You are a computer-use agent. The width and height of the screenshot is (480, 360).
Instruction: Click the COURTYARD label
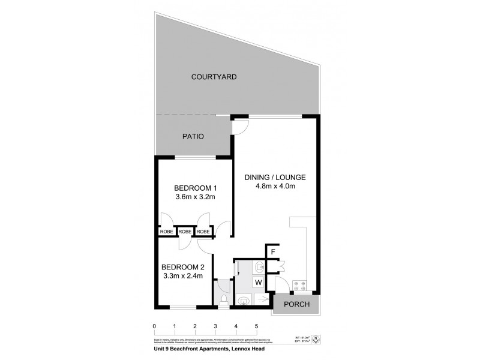pos(214,77)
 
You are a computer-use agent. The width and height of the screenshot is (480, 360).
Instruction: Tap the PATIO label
pos(193,137)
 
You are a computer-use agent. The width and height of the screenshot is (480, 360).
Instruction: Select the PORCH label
pos(297,304)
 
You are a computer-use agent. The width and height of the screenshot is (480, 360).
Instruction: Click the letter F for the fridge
pos(273,252)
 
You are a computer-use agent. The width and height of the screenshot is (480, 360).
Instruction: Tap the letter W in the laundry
pos(259,281)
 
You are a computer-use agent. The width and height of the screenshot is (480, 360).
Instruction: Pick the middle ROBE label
pos(185,232)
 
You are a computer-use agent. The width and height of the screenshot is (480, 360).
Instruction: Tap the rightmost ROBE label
pos(203,232)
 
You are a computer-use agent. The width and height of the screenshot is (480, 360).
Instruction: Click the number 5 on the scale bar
pos(256,326)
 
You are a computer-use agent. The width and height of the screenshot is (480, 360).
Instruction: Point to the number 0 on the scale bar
pos(155,326)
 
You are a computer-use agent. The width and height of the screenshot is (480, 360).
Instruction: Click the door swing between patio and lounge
pos(240,127)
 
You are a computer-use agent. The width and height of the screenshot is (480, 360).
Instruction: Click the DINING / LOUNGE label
pos(275,177)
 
